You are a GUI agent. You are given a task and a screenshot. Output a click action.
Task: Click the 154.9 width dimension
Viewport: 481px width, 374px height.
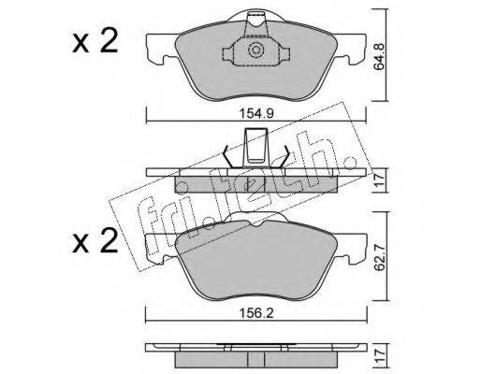(256, 113)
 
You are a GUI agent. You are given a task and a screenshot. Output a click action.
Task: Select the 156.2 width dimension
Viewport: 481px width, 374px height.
(256, 313)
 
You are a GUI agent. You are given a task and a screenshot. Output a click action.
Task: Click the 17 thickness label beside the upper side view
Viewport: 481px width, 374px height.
(380, 180)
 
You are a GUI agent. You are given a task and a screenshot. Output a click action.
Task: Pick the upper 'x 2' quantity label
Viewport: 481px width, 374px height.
(95, 40)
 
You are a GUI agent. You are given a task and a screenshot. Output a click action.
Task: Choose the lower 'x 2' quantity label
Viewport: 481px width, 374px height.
(95, 240)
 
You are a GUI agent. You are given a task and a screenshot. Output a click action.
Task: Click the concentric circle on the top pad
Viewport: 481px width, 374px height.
(255, 50)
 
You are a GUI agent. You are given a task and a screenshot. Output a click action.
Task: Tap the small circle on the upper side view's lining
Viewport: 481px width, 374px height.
(182, 187)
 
